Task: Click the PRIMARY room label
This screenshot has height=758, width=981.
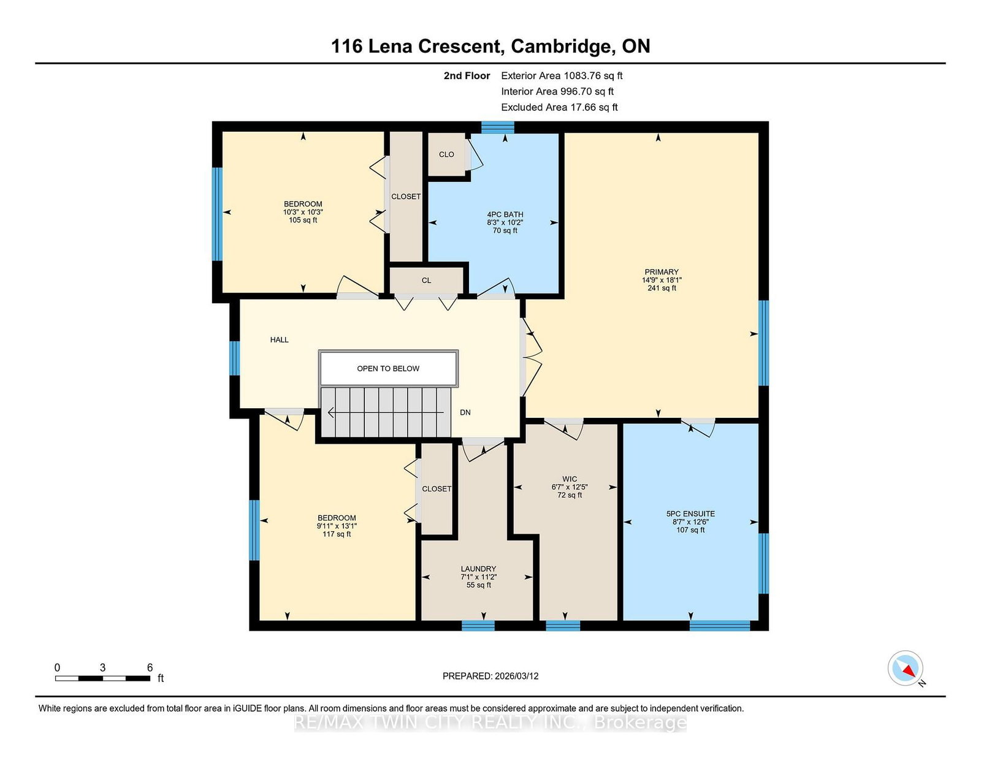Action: (662, 271)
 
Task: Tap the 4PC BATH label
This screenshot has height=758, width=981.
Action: (505, 214)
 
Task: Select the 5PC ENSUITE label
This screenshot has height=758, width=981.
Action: (690, 514)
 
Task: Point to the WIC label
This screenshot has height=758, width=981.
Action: (570, 479)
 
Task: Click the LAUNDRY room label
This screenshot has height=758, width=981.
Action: (478, 569)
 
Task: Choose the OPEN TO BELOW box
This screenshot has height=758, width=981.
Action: (388, 369)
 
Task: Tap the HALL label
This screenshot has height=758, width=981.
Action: (279, 339)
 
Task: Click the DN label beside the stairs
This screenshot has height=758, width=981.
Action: (465, 412)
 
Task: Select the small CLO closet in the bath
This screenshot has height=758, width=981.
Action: (446, 154)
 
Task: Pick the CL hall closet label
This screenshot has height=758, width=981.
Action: (426, 280)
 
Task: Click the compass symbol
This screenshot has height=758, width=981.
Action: (905, 668)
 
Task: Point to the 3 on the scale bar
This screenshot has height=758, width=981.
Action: (102, 667)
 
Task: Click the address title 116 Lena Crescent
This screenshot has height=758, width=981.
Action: (416, 46)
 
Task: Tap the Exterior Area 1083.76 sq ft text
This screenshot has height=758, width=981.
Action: (562, 76)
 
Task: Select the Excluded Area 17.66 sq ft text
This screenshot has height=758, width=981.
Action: (559, 107)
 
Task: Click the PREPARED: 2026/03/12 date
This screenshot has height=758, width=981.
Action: (490, 676)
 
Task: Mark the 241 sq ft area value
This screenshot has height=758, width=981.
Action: (662, 288)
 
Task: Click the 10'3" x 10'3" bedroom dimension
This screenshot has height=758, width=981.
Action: (303, 212)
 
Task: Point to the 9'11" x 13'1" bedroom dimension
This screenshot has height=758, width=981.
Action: (337, 526)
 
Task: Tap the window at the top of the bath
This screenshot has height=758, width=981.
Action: (497, 127)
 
